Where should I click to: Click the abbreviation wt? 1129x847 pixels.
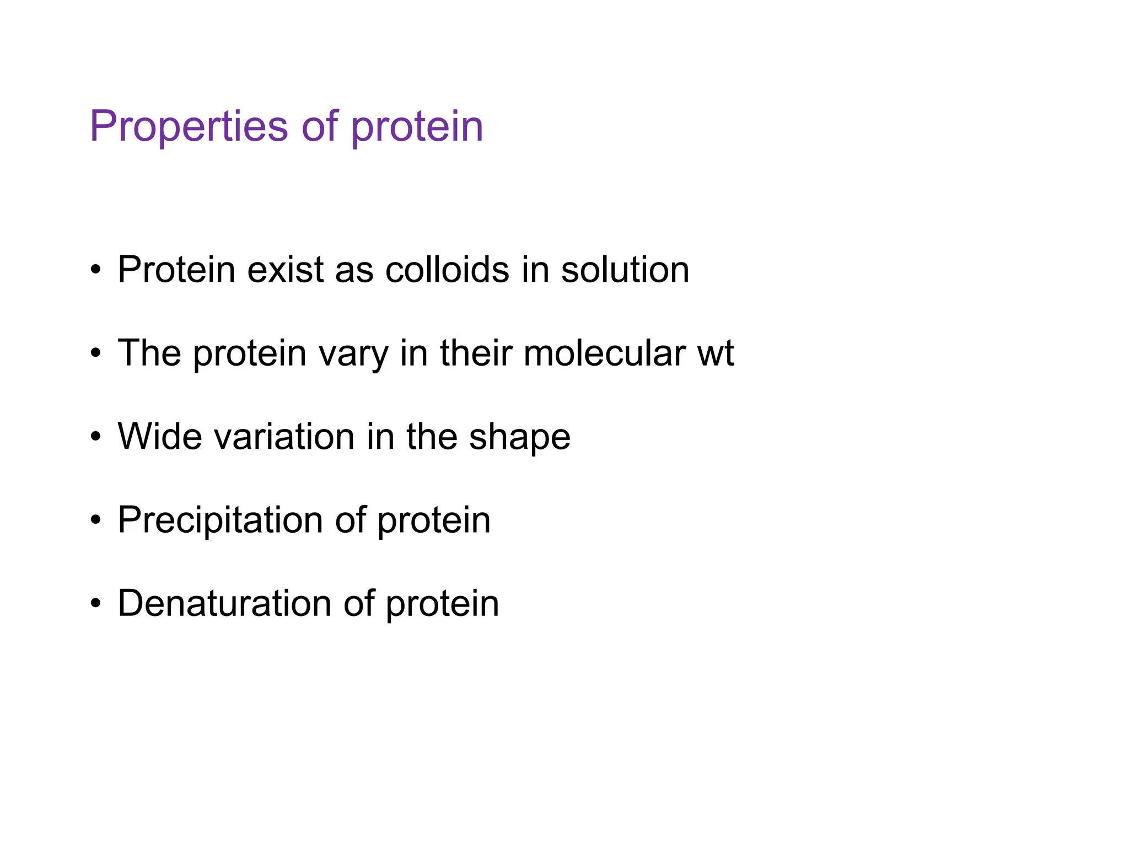click(x=716, y=353)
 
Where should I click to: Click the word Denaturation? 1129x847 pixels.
click(x=224, y=603)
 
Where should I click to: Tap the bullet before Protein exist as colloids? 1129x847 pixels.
click(x=96, y=271)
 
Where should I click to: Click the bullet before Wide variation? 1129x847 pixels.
click(x=96, y=437)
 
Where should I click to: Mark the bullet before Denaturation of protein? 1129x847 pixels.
click(x=96, y=604)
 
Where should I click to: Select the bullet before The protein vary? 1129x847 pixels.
click(x=96, y=354)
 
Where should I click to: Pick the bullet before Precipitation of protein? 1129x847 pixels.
click(x=96, y=521)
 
